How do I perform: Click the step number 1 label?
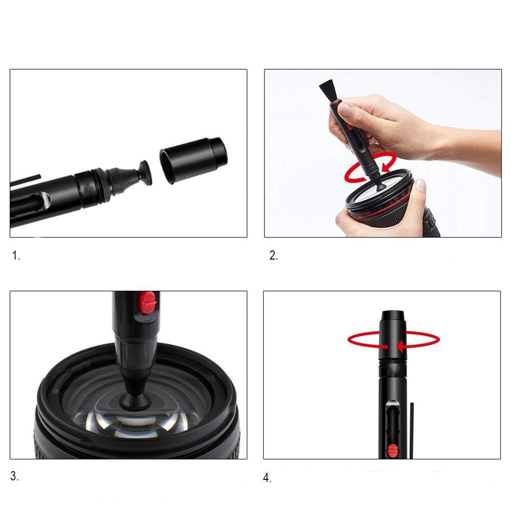pos(16,256)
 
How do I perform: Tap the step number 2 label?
pos(274,256)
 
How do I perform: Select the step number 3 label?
pos(14,476)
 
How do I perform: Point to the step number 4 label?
pos(267,478)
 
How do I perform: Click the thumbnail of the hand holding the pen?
pos(345,110)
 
